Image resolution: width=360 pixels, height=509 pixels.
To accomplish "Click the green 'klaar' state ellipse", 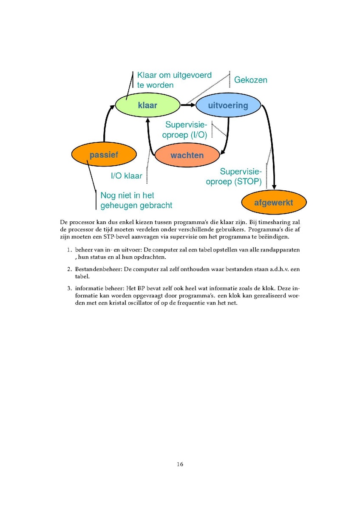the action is point(148,105).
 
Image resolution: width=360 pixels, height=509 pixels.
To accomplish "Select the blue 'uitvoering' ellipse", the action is point(228,105).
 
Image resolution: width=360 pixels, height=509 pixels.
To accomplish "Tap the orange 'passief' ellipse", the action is point(104,155).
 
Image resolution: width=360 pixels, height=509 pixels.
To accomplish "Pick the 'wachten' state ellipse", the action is point(187,155).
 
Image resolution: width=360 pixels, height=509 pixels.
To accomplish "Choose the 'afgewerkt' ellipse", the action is point(274,203).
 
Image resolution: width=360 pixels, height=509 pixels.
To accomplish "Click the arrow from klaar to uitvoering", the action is point(188,105).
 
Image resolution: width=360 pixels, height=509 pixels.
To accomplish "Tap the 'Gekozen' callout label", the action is point(251,80).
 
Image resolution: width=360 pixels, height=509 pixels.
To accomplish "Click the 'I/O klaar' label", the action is point(127,176).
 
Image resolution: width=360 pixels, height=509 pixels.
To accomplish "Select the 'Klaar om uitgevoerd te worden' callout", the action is point(174,80).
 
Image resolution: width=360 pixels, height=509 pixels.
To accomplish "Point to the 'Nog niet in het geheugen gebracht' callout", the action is point(136,200).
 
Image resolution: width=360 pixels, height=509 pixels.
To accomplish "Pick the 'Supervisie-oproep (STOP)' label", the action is point(234,176).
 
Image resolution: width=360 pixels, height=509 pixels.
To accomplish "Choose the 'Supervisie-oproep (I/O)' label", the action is point(185,130).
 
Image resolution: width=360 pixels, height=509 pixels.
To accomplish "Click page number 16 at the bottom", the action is point(180,464).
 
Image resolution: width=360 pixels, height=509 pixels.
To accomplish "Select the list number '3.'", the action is point(69,288).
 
